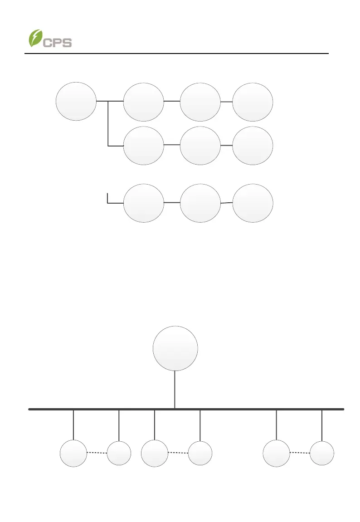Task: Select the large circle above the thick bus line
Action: (x=175, y=348)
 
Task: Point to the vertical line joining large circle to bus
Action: (x=175, y=390)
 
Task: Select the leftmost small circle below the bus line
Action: (x=73, y=453)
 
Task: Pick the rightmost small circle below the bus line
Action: (x=322, y=453)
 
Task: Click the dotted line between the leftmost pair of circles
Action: (x=97, y=453)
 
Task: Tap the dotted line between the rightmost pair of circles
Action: (x=300, y=453)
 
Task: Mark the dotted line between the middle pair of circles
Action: (x=178, y=453)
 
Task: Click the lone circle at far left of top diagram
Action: (x=76, y=101)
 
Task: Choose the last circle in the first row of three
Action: (x=253, y=102)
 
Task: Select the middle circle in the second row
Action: (x=200, y=146)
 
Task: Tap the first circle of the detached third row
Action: (x=143, y=203)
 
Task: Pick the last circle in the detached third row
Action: (x=253, y=203)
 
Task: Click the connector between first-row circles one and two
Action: (x=172, y=101)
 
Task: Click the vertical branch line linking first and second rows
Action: (x=108, y=123)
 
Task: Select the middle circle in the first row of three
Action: (x=200, y=102)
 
